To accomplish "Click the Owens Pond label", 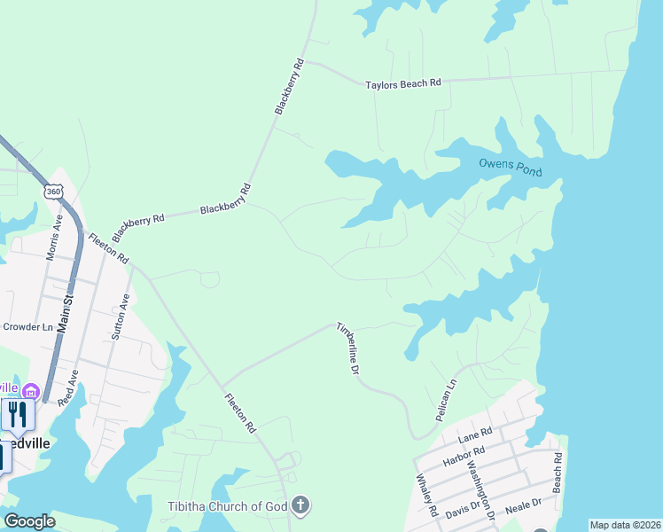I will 510,166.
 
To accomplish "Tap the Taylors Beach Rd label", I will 403,84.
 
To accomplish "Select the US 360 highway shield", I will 54,192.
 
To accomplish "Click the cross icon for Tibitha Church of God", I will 300,506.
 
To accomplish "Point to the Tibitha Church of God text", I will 228,506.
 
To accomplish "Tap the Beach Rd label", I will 558,473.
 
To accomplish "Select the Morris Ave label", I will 54,237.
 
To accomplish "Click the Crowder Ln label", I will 27,326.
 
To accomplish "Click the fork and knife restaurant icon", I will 17,415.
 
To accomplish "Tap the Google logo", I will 29,521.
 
